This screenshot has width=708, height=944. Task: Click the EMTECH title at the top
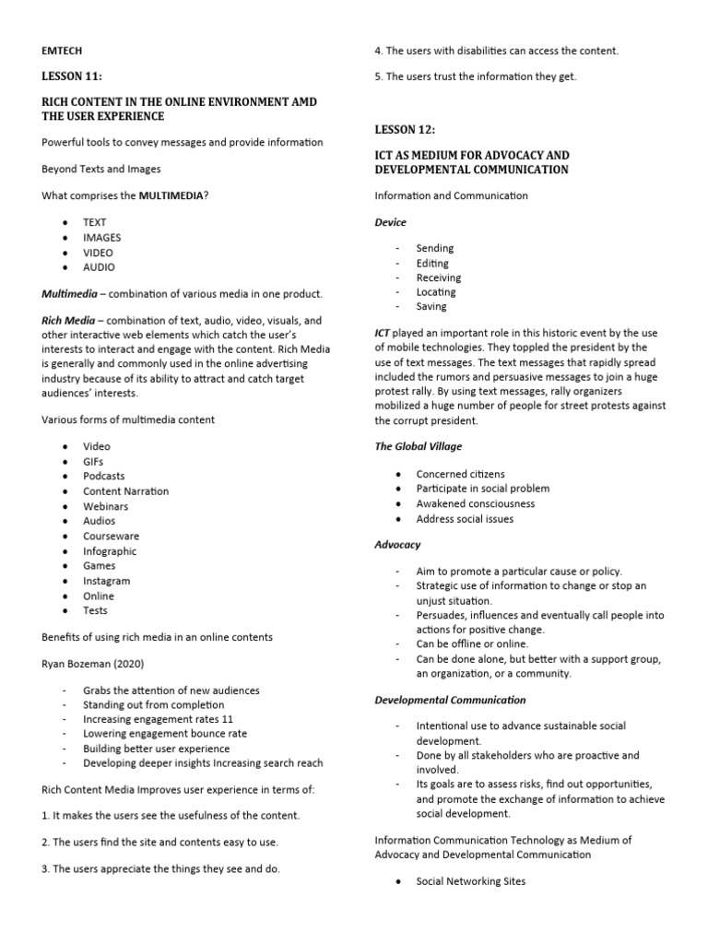[x=62, y=52]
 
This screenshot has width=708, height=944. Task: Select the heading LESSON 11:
[x=75, y=77]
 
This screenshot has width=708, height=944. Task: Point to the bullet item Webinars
[x=106, y=506]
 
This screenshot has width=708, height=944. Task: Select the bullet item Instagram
[x=107, y=581]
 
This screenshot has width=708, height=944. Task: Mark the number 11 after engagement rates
[x=229, y=719]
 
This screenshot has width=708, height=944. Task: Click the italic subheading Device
[x=390, y=222]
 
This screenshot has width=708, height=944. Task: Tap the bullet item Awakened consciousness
[x=475, y=503]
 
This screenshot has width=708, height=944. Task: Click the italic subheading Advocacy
[x=397, y=545]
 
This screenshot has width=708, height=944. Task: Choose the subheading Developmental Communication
[x=451, y=700]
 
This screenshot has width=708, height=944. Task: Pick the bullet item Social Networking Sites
[x=470, y=881]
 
